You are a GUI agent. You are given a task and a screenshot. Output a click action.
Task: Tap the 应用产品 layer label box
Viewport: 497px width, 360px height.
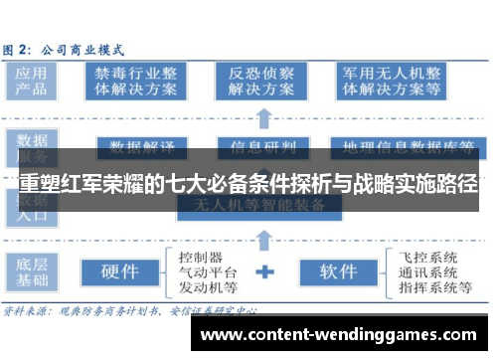(x=31, y=81)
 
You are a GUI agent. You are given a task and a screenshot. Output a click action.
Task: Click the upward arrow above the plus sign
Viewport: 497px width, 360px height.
(x=265, y=240)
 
